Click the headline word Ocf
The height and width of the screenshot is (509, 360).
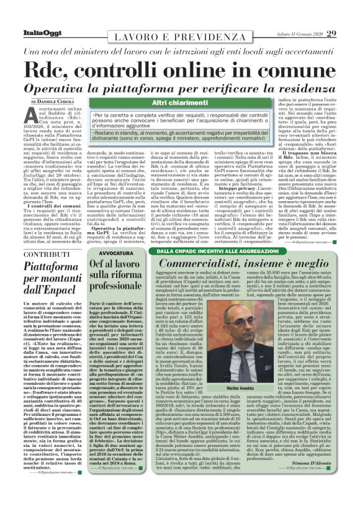click(102, 266)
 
